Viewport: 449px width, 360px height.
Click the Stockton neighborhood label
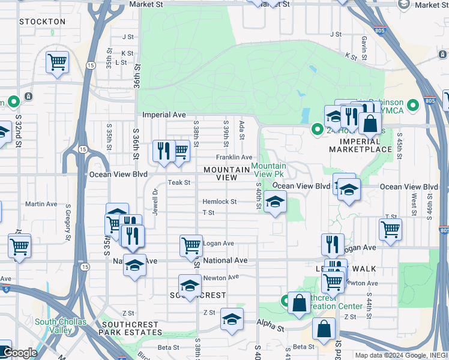coord(42,22)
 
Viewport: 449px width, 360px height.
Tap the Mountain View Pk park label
coord(268,170)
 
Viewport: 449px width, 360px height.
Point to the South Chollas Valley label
coord(61,326)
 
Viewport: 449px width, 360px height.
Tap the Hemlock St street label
coord(219,202)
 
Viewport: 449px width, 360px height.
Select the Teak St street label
coord(179,182)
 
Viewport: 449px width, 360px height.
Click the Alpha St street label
coord(272,328)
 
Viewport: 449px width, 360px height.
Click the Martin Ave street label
coord(41,204)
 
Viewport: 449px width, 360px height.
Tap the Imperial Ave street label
coord(164,115)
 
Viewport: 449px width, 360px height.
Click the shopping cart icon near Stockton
coord(57,62)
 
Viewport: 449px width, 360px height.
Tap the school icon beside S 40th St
coord(275,202)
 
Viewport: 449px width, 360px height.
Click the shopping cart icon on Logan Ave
coord(191,245)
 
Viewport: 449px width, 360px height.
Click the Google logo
coord(19,353)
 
